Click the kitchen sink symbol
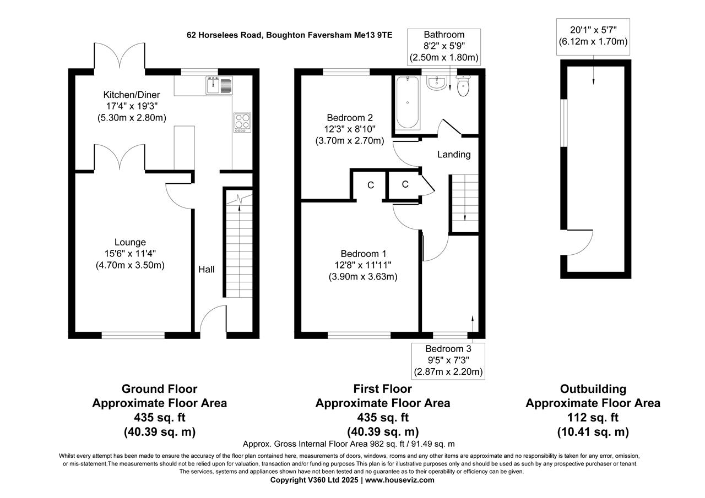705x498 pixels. click(220, 85)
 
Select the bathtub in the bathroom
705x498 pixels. click(408, 102)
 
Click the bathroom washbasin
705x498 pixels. click(437, 83)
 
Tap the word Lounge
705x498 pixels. click(130, 242)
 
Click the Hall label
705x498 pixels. click(207, 269)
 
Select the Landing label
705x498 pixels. click(454, 155)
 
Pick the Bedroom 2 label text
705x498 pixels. click(350, 117)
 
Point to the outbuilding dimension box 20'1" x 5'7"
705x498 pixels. click(593, 35)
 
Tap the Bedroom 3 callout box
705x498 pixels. click(448, 360)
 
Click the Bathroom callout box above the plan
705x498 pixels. click(444, 46)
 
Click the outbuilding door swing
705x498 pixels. click(581, 242)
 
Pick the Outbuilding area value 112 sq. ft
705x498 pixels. click(593, 417)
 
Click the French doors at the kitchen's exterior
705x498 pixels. click(120, 57)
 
